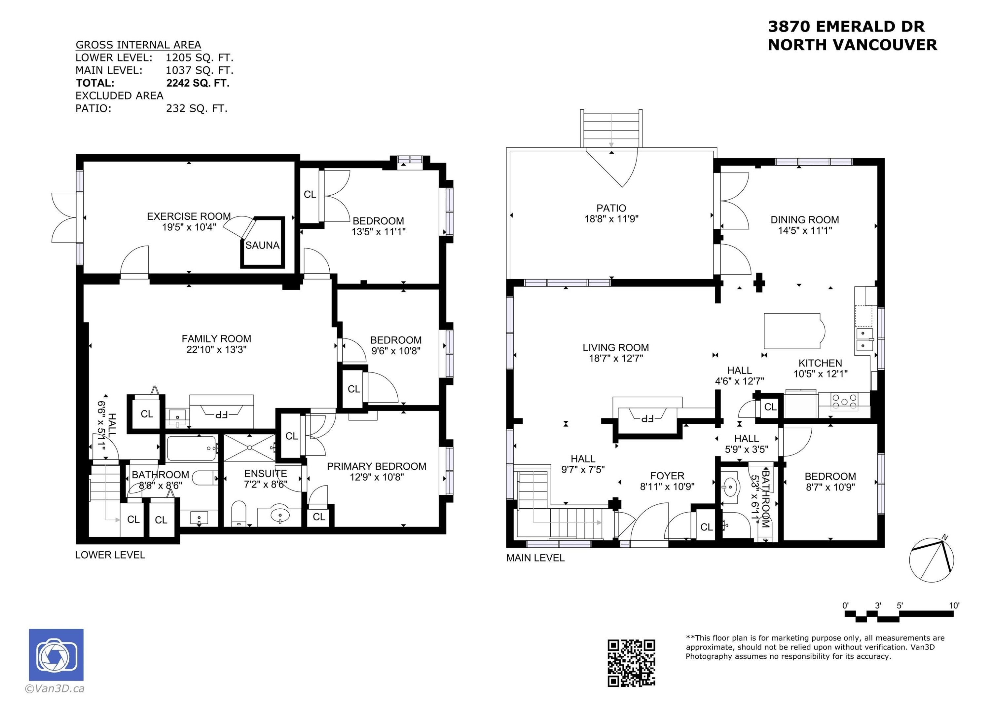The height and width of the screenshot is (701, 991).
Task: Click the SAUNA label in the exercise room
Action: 262,245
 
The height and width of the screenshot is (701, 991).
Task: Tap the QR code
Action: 631,663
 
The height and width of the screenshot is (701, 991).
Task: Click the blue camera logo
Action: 56,655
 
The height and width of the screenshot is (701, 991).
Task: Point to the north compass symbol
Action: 932,560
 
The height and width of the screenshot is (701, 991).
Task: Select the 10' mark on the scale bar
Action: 954,605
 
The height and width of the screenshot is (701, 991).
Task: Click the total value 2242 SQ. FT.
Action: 198,83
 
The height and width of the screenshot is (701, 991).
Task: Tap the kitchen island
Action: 792,331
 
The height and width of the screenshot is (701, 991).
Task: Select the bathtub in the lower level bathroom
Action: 191,449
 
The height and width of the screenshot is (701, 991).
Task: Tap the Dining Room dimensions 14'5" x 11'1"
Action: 805,231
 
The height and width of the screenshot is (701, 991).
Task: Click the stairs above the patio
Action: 611,129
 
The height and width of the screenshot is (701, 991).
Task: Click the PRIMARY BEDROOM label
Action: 376,466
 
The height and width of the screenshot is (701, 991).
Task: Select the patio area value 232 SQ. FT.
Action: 197,108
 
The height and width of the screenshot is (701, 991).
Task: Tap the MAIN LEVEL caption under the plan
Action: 535,558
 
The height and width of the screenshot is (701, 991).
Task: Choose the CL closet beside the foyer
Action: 706,527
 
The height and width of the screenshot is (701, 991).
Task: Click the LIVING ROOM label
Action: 615,348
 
